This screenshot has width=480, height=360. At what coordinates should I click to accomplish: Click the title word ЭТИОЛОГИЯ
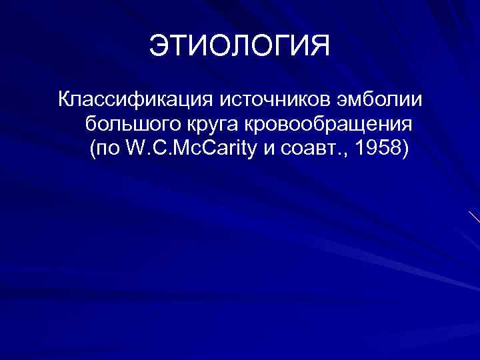(x=239, y=47)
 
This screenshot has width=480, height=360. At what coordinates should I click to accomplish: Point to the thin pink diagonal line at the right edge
(x=474, y=217)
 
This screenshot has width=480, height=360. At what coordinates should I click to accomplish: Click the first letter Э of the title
(x=159, y=47)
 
